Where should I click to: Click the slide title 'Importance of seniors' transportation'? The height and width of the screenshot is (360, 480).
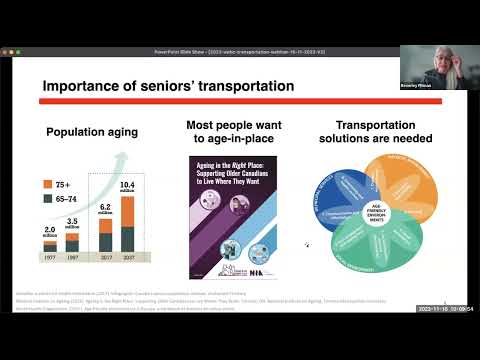167,86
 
